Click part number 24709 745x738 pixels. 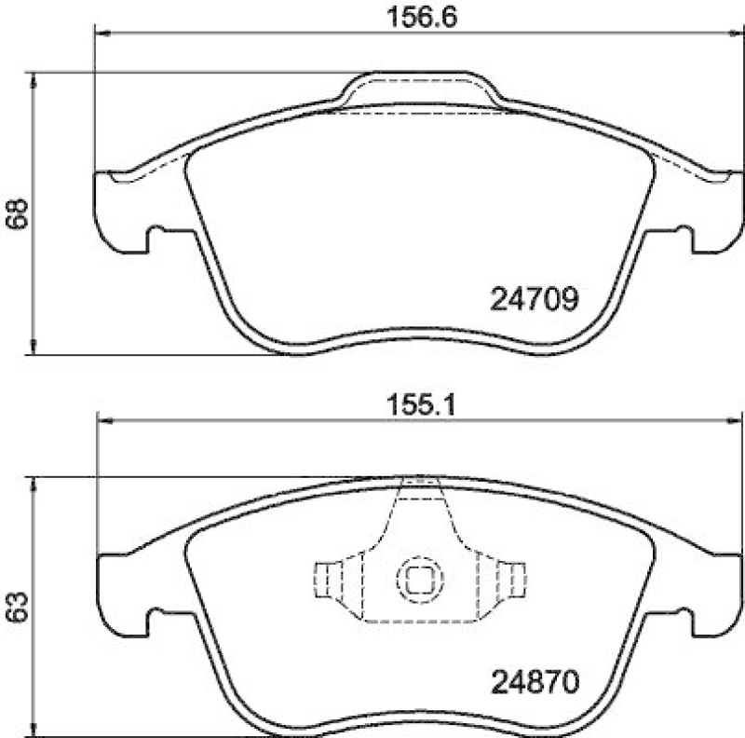535,299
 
